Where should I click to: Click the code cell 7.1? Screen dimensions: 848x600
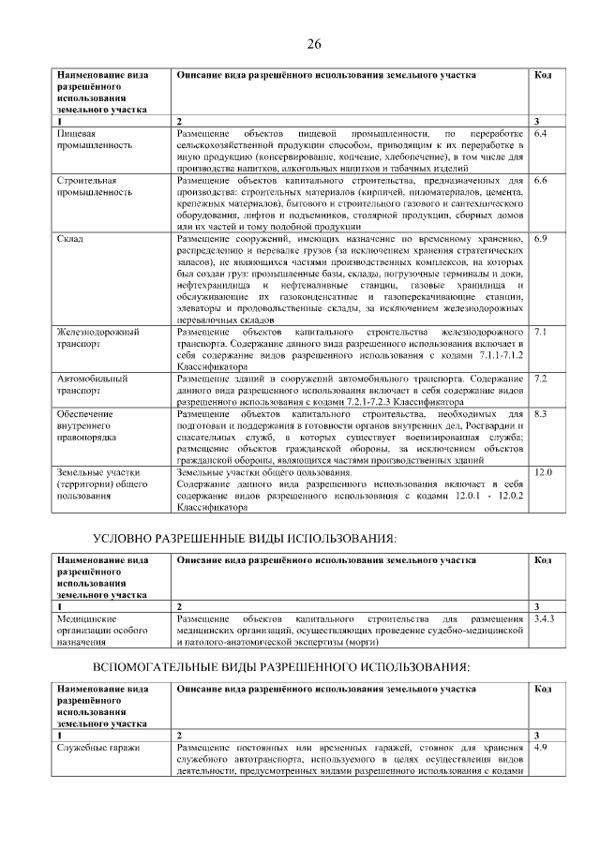click(539, 333)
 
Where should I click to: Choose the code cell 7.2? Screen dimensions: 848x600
click(539, 379)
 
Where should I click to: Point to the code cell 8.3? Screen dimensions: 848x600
click(539, 413)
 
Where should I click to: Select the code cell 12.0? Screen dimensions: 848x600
click(542, 472)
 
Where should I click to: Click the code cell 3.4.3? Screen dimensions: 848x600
click(543, 619)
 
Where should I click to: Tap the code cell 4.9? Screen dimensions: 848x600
click(539, 748)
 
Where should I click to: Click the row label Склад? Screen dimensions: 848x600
click(70, 239)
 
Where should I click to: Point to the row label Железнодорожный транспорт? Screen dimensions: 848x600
click(97, 338)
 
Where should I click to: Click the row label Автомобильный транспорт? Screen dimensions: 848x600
click(95, 384)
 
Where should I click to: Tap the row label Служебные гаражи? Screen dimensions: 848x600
click(98, 748)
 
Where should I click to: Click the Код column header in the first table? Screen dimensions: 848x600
click(542, 75)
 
